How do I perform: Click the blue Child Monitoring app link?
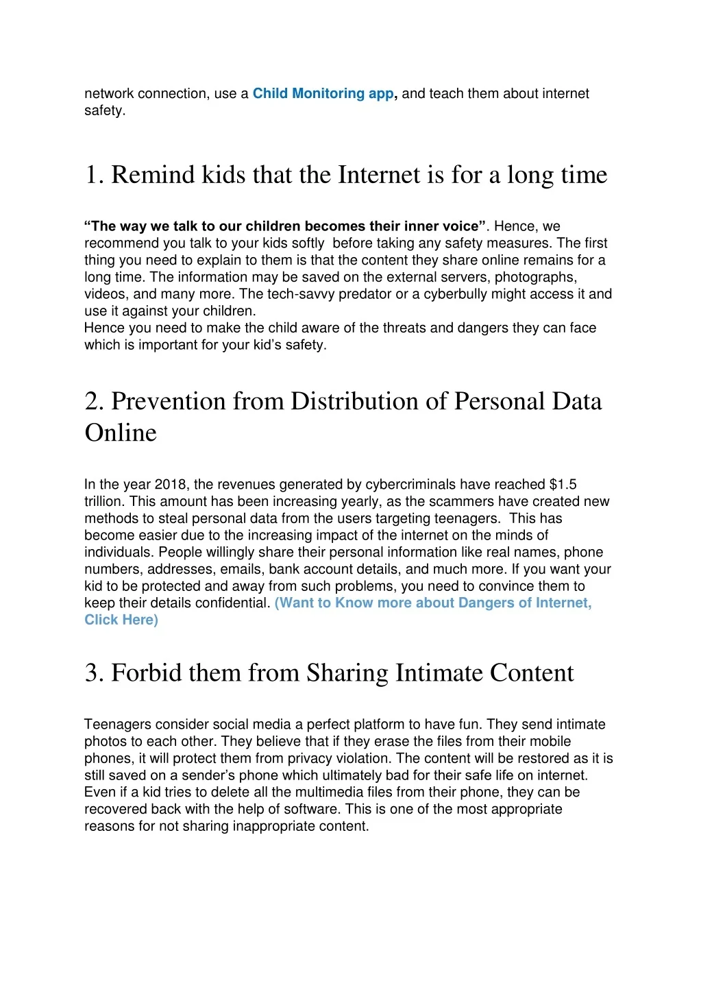[323, 93]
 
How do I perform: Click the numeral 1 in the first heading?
[91, 175]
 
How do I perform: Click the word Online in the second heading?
[121, 433]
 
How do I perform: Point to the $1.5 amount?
[563, 485]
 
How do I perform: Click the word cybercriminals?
[410, 485]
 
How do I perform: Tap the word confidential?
[233, 603]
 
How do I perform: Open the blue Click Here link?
[121, 620]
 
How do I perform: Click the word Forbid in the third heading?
[147, 673]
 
